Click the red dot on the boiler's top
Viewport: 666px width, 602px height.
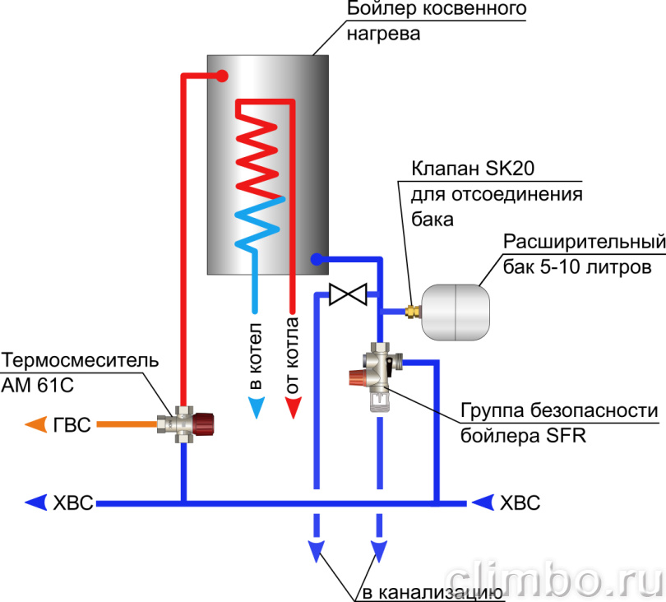tap(222, 76)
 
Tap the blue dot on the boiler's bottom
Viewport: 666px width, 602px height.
tap(317, 259)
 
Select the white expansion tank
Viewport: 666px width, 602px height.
tap(456, 313)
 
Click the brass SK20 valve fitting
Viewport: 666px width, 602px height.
tap(412, 312)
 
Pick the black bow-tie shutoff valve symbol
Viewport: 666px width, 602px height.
tap(348, 294)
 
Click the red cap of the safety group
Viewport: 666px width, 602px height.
tap(356, 377)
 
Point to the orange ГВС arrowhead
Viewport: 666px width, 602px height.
tap(35, 424)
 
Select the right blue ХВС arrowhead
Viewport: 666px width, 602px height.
tap(483, 502)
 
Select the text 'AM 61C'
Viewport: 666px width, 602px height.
tap(37, 386)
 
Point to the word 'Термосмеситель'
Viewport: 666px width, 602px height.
tap(81, 360)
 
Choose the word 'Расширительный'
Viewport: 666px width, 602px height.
tap(585, 242)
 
